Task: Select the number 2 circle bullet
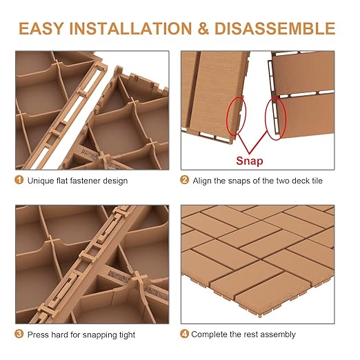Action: [184, 181]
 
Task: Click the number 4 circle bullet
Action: [184, 334]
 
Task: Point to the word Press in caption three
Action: [38, 334]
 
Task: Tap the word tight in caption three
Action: [126, 334]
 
